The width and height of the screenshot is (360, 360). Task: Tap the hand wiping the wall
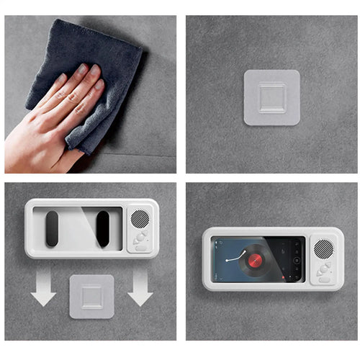(54, 115)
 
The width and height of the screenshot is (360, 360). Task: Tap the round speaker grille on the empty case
(140, 219)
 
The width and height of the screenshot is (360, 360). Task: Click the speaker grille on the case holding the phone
(323, 248)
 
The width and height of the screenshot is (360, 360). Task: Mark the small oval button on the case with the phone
(321, 280)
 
